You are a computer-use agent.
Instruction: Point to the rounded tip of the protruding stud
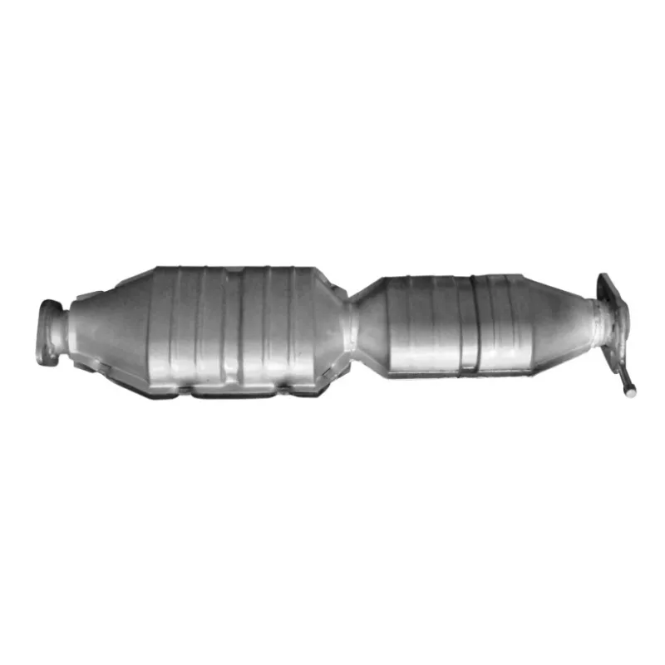(x=633, y=387)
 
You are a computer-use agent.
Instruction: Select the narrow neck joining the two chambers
(x=352, y=326)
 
